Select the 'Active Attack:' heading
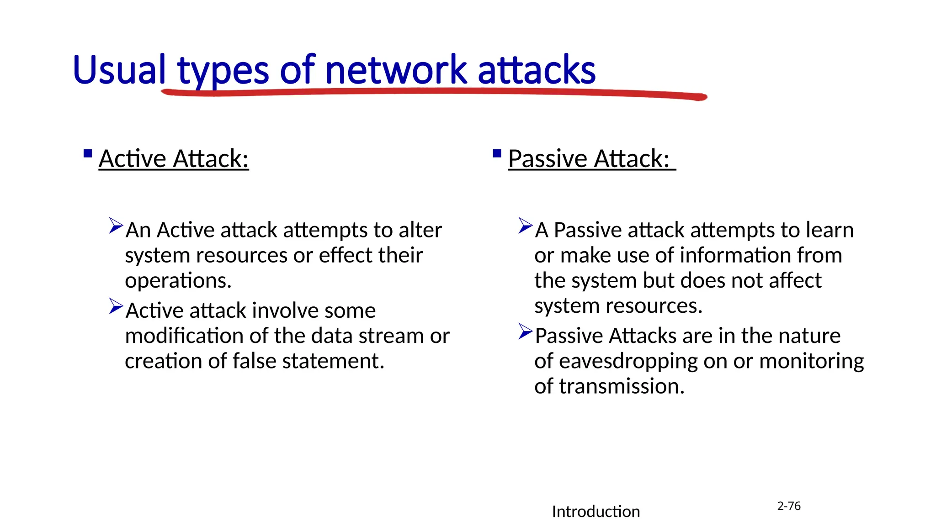click(174, 159)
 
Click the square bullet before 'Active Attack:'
click(88, 153)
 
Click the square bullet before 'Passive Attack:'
click(497, 153)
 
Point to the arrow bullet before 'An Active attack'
click(116, 226)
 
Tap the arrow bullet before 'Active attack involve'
click(116, 306)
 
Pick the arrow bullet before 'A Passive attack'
click(526, 226)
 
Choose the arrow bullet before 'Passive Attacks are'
click(526, 331)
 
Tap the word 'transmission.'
click(622, 386)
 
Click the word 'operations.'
click(178, 280)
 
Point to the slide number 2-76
click(789, 506)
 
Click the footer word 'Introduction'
click(596, 511)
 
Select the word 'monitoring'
click(811, 361)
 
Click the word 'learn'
click(830, 230)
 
